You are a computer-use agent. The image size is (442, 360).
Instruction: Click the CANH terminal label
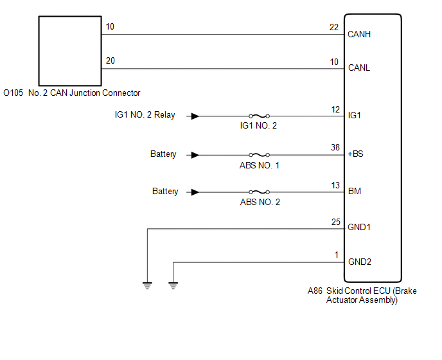(359, 34)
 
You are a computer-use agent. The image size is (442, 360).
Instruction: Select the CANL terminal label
(359, 67)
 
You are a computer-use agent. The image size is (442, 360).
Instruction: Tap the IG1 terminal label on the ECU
(355, 115)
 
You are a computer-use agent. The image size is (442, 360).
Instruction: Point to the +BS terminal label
(355, 154)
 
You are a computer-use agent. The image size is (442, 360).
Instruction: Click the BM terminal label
(355, 191)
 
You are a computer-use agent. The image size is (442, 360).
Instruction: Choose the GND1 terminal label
(359, 227)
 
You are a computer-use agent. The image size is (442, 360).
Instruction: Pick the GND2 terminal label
(360, 262)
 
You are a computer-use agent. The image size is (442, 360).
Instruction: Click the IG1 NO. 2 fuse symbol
(260, 116)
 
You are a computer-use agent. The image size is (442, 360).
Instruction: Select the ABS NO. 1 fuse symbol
(260, 155)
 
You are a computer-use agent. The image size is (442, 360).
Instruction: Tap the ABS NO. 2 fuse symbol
(260, 192)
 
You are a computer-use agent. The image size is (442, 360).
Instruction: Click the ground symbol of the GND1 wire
(147, 285)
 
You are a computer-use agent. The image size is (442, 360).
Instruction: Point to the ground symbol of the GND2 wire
(173, 285)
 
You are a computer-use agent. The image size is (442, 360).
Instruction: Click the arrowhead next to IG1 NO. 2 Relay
(195, 116)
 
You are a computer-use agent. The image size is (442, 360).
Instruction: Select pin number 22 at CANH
(334, 27)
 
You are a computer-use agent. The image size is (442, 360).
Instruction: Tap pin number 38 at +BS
(335, 147)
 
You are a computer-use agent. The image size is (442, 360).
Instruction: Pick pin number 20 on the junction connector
(110, 60)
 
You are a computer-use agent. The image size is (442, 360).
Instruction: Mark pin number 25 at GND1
(336, 222)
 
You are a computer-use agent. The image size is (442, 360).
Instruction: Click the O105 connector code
(13, 93)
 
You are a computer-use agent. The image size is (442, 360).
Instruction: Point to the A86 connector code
(315, 291)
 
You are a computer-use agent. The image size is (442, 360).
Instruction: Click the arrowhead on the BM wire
(195, 192)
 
